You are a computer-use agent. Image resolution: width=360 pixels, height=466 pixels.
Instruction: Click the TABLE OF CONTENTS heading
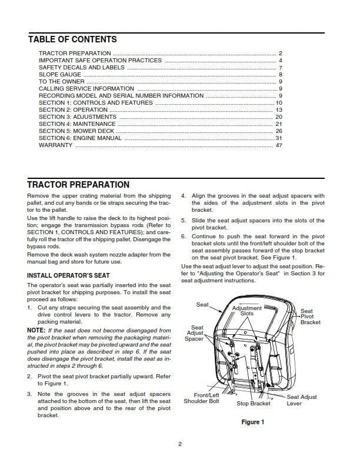pos(72,39)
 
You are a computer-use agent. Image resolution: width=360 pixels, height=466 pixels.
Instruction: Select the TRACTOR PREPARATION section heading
pos(78,185)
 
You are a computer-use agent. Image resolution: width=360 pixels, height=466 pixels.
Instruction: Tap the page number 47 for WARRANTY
pos(279,145)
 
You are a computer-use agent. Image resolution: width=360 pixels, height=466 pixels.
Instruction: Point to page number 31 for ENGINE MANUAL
pos(279,138)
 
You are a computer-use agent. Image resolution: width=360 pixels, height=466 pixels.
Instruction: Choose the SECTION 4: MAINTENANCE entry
pos(77,124)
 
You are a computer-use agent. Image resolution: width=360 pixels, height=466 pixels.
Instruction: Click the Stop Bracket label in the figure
pos(254,404)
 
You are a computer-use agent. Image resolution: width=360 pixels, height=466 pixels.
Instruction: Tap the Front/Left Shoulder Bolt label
pos(204,398)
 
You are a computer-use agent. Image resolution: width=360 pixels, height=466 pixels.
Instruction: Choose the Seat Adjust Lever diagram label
pos(301,401)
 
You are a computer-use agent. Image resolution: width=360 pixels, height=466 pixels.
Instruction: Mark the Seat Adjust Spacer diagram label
pos(195,333)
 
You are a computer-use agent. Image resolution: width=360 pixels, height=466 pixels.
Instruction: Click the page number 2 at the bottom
pos(180,444)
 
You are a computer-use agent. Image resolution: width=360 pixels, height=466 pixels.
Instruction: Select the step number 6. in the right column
pos(184,237)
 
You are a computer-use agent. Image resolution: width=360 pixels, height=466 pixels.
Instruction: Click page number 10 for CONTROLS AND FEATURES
pos(279,103)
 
